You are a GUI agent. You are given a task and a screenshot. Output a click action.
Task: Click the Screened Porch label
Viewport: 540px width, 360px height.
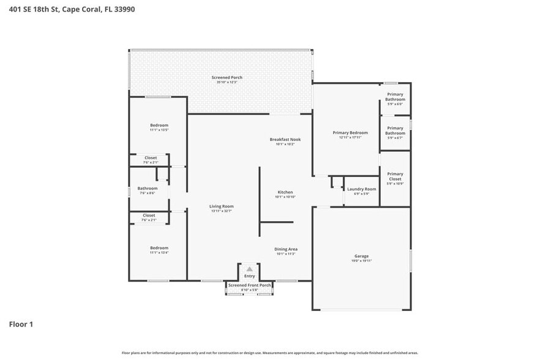click(222, 78)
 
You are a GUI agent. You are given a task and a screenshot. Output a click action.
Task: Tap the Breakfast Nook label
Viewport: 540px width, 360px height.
click(285, 140)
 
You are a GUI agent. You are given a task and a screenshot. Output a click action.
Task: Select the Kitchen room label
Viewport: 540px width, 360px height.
click(285, 192)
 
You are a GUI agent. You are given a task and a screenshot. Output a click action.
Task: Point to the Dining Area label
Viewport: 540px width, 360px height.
click(285, 249)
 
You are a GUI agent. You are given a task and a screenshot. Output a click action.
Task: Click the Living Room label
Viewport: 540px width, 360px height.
click(221, 206)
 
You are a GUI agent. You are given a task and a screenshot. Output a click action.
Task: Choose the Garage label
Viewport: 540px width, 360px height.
click(361, 256)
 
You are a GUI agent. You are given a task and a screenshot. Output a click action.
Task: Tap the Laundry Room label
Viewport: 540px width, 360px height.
click(361, 189)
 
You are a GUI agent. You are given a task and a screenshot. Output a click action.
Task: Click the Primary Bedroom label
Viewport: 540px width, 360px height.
click(350, 133)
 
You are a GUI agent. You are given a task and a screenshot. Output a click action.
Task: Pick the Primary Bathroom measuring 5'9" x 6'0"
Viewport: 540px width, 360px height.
click(395, 97)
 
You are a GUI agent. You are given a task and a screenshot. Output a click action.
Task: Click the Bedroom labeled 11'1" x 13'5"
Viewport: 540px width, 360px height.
click(159, 126)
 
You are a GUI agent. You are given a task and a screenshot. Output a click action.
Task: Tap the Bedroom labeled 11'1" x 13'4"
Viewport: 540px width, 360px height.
click(159, 248)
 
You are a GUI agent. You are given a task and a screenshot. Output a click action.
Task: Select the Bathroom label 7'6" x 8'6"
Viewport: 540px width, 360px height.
click(148, 189)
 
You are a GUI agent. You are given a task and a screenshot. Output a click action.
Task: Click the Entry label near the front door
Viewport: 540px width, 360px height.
click(249, 276)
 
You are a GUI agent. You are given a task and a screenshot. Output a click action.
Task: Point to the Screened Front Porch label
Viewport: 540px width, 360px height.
click(249, 285)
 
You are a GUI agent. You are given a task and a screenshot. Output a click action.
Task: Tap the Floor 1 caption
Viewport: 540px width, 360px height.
click(21, 324)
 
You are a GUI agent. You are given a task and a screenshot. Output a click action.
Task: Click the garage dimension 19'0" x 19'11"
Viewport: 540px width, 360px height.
click(361, 261)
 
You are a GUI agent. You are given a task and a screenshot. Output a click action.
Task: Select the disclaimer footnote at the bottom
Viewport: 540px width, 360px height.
click(269, 353)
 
